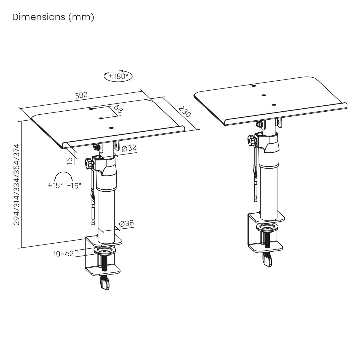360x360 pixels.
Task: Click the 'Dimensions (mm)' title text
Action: coord(53,17)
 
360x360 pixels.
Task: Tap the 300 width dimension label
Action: coord(81,95)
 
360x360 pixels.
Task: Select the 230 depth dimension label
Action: coord(185,111)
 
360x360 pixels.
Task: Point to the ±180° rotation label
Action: coord(118,76)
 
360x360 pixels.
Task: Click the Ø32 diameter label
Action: coord(129,148)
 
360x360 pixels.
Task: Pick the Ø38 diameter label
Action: coord(127,223)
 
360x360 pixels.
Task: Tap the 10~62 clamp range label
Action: coord(64,254)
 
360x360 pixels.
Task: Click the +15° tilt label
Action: coord(55,185)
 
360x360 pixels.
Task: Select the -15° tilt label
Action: coord(74,186)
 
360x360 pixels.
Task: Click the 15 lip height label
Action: coord(70,161)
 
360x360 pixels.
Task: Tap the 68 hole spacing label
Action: coord(118,109)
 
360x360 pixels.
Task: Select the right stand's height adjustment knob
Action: coord(251,140)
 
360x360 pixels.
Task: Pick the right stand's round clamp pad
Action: coord(267,227)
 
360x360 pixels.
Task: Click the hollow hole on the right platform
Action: coord(253,86)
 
